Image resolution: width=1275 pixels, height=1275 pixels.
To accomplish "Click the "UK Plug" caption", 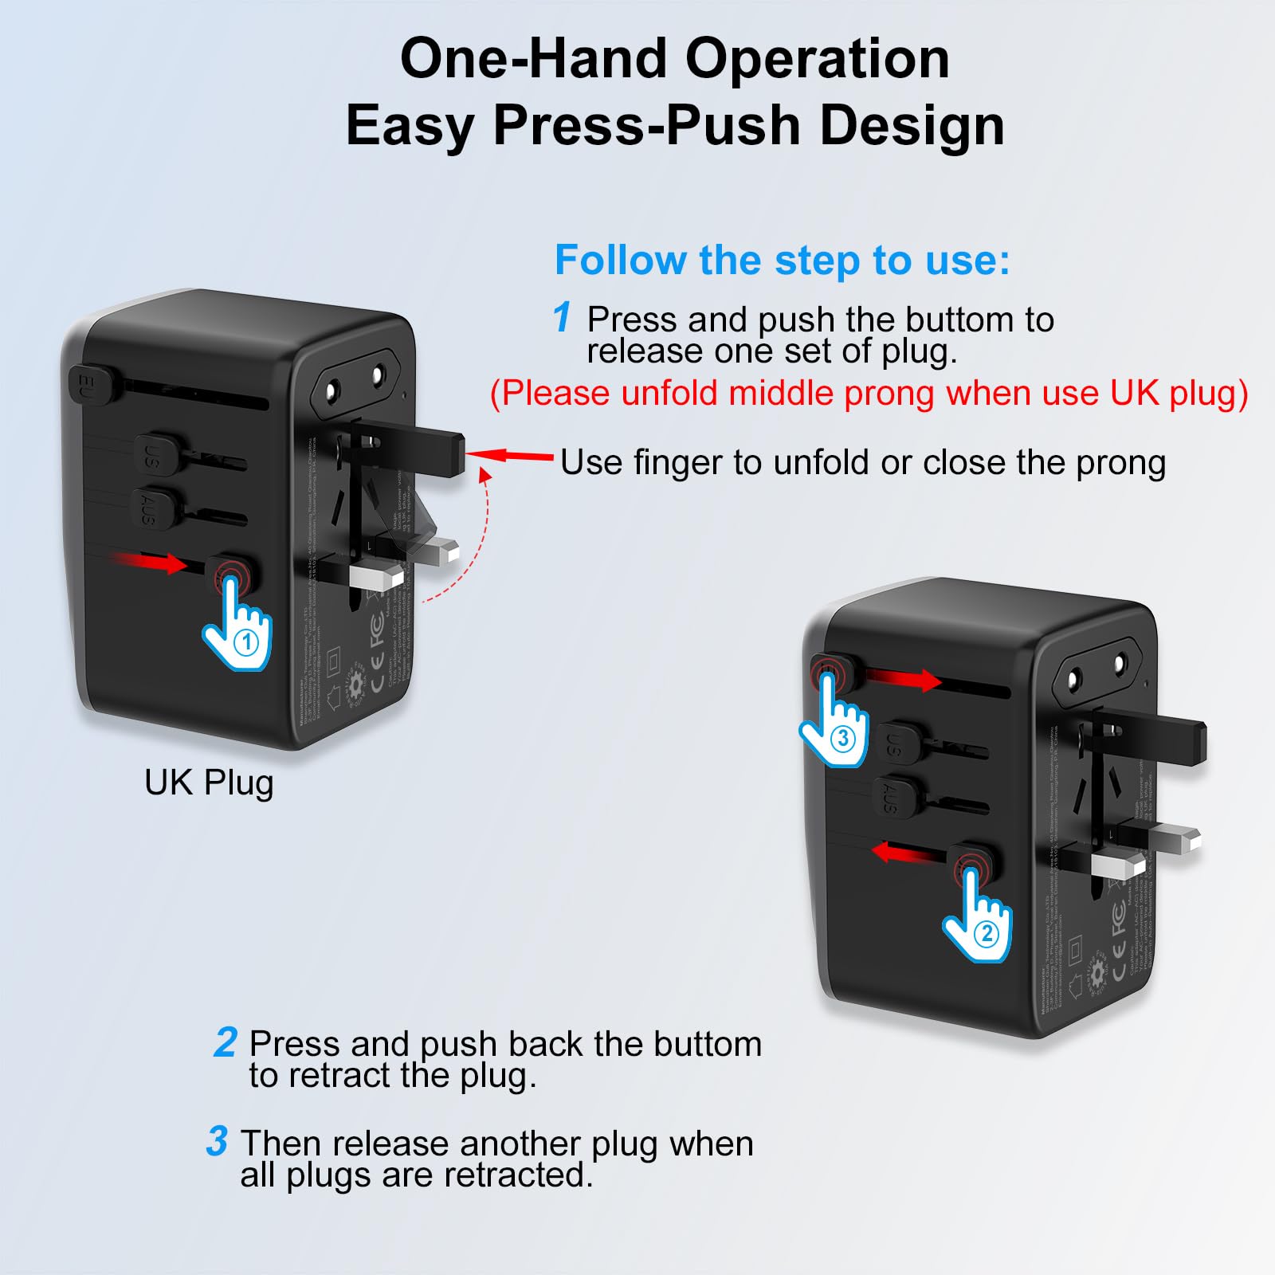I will tap(209, 783).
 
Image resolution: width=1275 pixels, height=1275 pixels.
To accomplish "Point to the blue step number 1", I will tap(562, 317).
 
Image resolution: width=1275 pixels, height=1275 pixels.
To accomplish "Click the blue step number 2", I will tap(226, 1042).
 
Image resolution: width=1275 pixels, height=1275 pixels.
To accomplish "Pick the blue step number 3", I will tap(217, 1141).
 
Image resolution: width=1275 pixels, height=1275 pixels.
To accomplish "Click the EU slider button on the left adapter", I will tap(92, 385).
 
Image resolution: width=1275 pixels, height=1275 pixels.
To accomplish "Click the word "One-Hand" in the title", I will tap(533, 59).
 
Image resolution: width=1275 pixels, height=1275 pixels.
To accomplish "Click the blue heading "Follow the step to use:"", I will tap(782, 260).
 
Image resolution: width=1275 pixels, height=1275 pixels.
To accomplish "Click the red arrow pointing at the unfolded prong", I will tap(510, 456).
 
